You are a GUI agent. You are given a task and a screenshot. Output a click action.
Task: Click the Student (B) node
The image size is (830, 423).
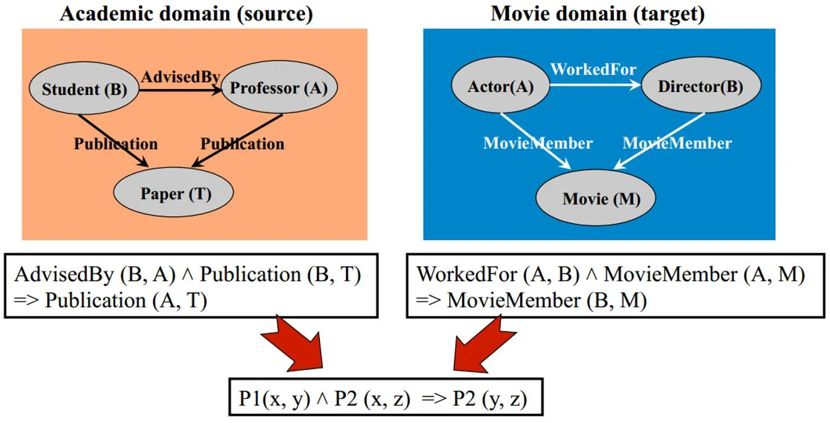pos(84,88)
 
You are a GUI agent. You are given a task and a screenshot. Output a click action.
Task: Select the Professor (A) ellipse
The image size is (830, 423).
pos(279,87)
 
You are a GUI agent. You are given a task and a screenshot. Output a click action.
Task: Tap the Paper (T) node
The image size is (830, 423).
pos(174,193)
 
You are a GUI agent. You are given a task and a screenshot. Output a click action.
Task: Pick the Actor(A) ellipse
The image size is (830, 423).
pos(500,85)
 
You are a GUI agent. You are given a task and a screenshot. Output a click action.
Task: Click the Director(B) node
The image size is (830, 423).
pos(701,85)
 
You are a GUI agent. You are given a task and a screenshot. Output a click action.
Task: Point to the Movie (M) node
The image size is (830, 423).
pos(595,198)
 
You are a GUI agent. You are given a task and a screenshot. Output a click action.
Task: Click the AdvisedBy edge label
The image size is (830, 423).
pos(180,77)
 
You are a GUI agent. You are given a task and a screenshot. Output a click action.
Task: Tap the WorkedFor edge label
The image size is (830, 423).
pos(593,69)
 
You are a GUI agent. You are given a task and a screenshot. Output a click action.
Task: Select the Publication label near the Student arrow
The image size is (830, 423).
pos(116,144)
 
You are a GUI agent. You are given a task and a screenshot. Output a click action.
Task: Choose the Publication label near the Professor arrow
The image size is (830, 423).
pos(242,144)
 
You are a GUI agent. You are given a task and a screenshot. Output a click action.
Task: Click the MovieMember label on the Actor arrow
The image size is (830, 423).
pos(538,143)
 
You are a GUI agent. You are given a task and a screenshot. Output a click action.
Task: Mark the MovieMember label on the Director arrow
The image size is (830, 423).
pos(677,143)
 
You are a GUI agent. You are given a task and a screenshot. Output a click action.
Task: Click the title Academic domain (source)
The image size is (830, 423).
pos(187,14)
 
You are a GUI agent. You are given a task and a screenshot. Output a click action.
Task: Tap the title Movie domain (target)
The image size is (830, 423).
pos(597,14)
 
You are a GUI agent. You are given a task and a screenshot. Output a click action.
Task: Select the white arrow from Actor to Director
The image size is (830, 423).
pos(595,85)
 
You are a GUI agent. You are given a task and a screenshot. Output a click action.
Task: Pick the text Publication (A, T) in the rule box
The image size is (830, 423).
pos(126,300)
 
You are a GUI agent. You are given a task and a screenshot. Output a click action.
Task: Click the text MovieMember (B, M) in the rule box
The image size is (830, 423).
pos(547,300)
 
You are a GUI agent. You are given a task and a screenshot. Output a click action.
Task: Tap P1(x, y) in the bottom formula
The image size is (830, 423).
pos(274,399)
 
